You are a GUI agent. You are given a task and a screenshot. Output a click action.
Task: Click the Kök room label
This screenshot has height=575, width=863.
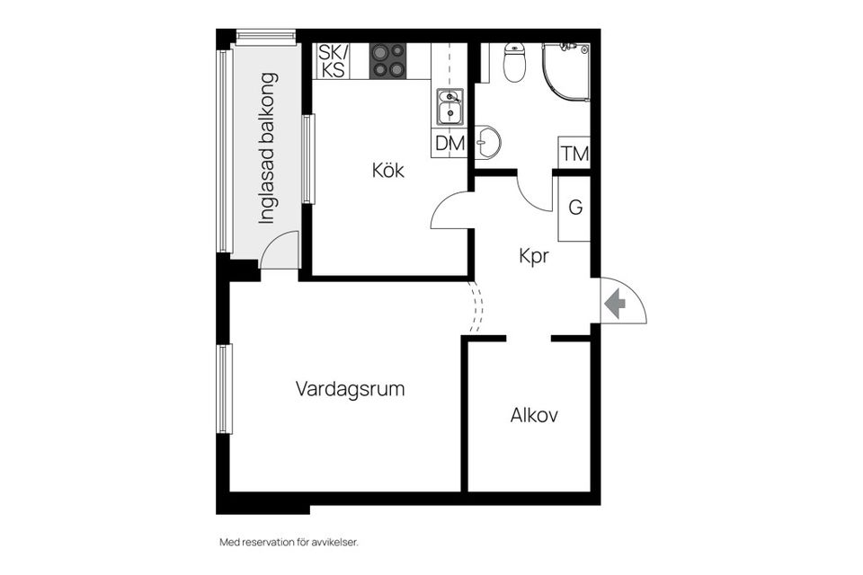click(x=388, y=170)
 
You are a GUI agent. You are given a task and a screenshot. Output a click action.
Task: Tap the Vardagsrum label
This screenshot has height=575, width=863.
click(x=350, y=389)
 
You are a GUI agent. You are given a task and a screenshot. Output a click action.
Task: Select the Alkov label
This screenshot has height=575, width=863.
click(x=534, y=415)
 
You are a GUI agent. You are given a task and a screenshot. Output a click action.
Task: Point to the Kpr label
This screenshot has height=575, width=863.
click(x=534, y=255)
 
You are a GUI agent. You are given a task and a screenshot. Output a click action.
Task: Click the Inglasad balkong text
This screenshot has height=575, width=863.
click(x=268, y=147)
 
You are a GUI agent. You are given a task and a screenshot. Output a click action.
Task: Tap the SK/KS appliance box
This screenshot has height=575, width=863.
click(x=332, y=61)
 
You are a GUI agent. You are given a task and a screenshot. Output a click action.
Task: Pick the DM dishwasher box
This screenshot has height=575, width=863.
click(x=449, y=143)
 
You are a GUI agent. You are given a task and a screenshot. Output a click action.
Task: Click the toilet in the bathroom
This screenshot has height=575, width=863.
click(x=514, y=64)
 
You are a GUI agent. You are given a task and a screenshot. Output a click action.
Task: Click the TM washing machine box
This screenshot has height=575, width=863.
click(x=574, y=153)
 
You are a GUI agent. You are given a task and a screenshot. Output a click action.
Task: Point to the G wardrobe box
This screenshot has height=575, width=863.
click(x=574, y=208)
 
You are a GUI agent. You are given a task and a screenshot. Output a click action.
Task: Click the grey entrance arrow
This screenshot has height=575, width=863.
click(x=616, y=304)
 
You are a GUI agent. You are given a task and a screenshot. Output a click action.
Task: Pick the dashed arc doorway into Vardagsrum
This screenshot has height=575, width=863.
click(x=476, y=306)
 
